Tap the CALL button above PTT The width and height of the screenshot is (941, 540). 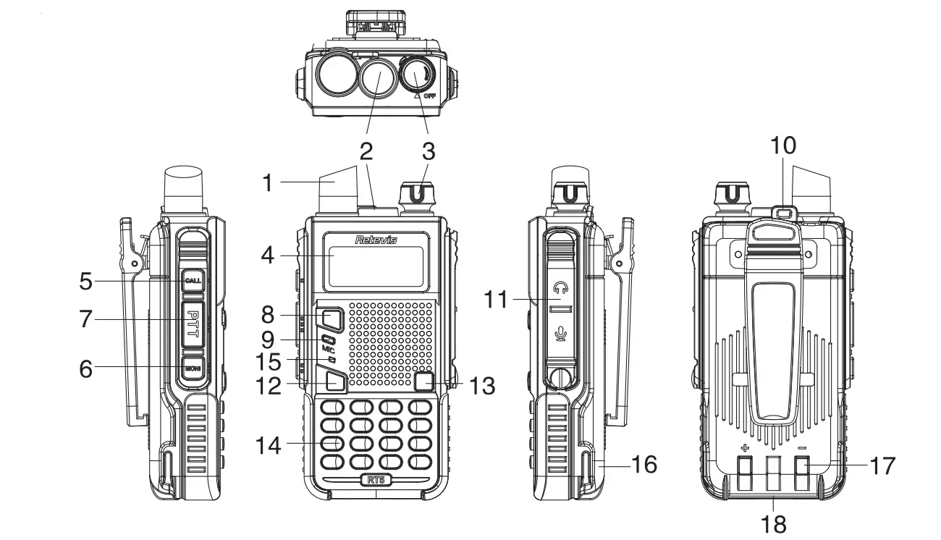pyautogui.click(x=192, y=281)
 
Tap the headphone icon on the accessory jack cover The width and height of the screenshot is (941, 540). pyautogui.click(x=557, y=287)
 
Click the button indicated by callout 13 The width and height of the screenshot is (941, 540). pyautogui.click(x=426, y=381)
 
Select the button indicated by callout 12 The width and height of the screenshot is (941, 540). pyautogui.click(x=334, y=381)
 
